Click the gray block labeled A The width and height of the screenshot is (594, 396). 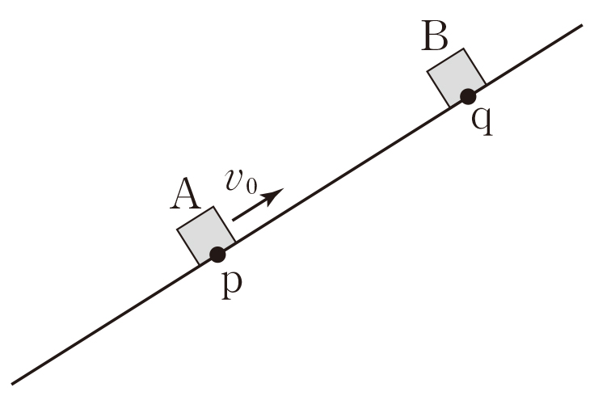205,234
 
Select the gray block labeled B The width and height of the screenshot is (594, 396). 455,76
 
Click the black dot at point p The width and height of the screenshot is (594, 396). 217,255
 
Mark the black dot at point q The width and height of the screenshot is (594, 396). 467,97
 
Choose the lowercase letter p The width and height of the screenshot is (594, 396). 232,285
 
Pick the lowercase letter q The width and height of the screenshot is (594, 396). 482,124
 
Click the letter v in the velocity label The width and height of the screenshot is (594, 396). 235,182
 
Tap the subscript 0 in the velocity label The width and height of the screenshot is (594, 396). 251,187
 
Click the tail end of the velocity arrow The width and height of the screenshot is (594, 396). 234,219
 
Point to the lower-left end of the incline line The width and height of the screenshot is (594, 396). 13,382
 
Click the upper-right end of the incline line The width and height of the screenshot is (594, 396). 581,25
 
